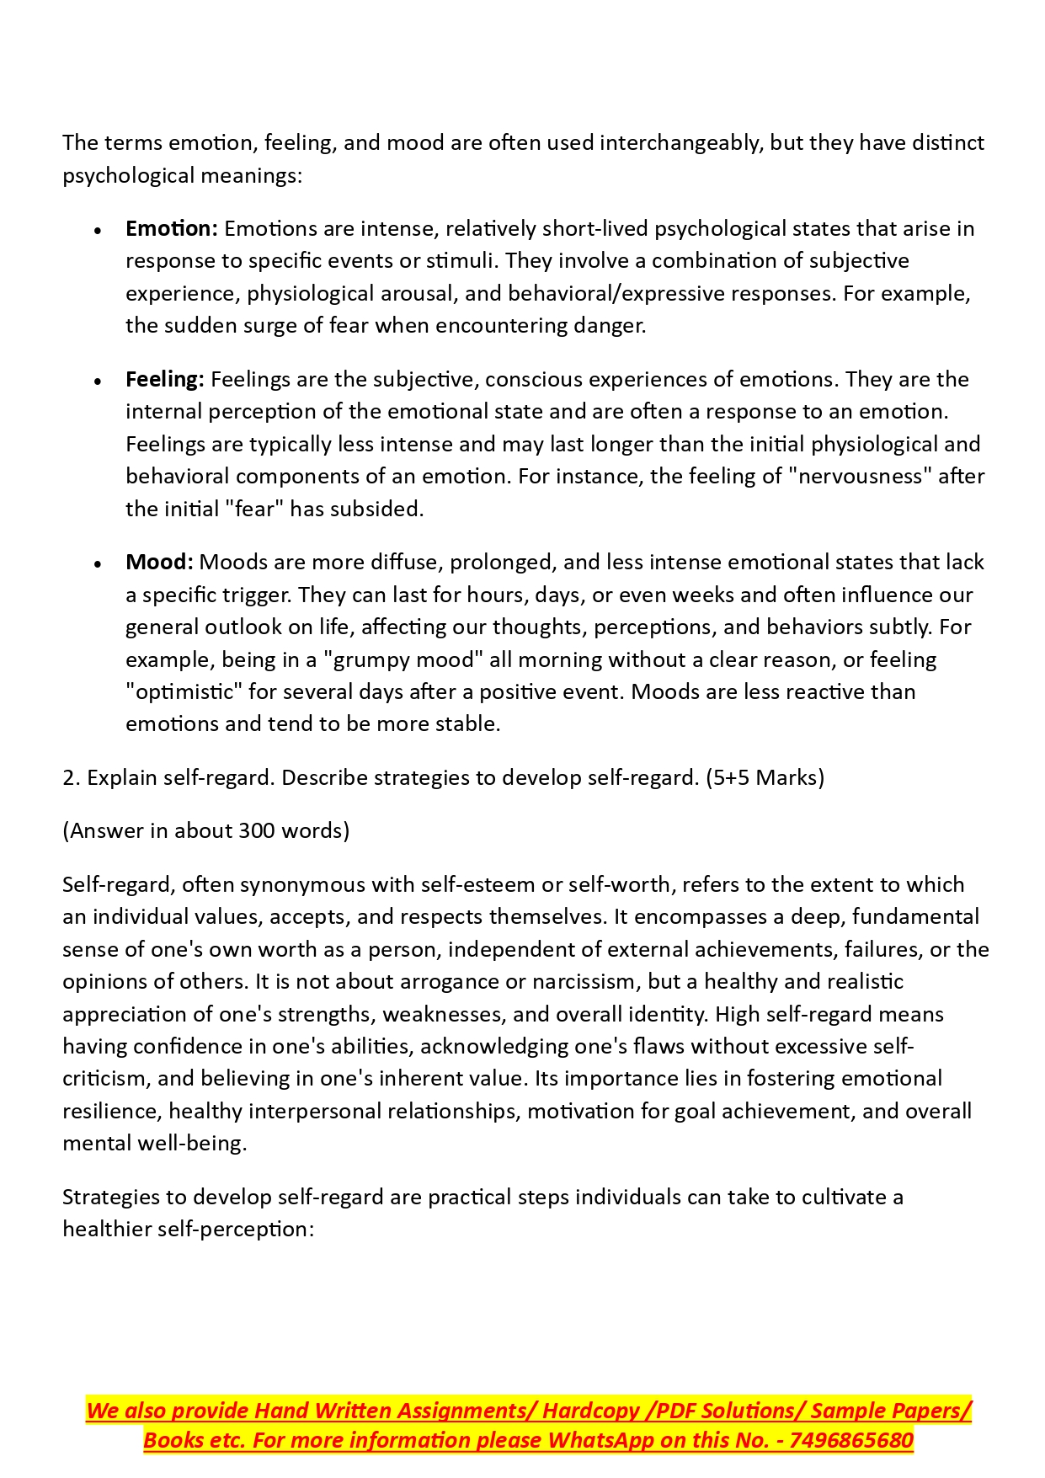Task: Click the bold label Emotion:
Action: [x=172, y=228]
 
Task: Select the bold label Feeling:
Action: [x=165, y=379]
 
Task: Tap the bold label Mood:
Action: [x=160, y=562]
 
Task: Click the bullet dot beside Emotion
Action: [x=99, y=230]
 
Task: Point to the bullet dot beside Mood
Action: [x=99, y=563]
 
